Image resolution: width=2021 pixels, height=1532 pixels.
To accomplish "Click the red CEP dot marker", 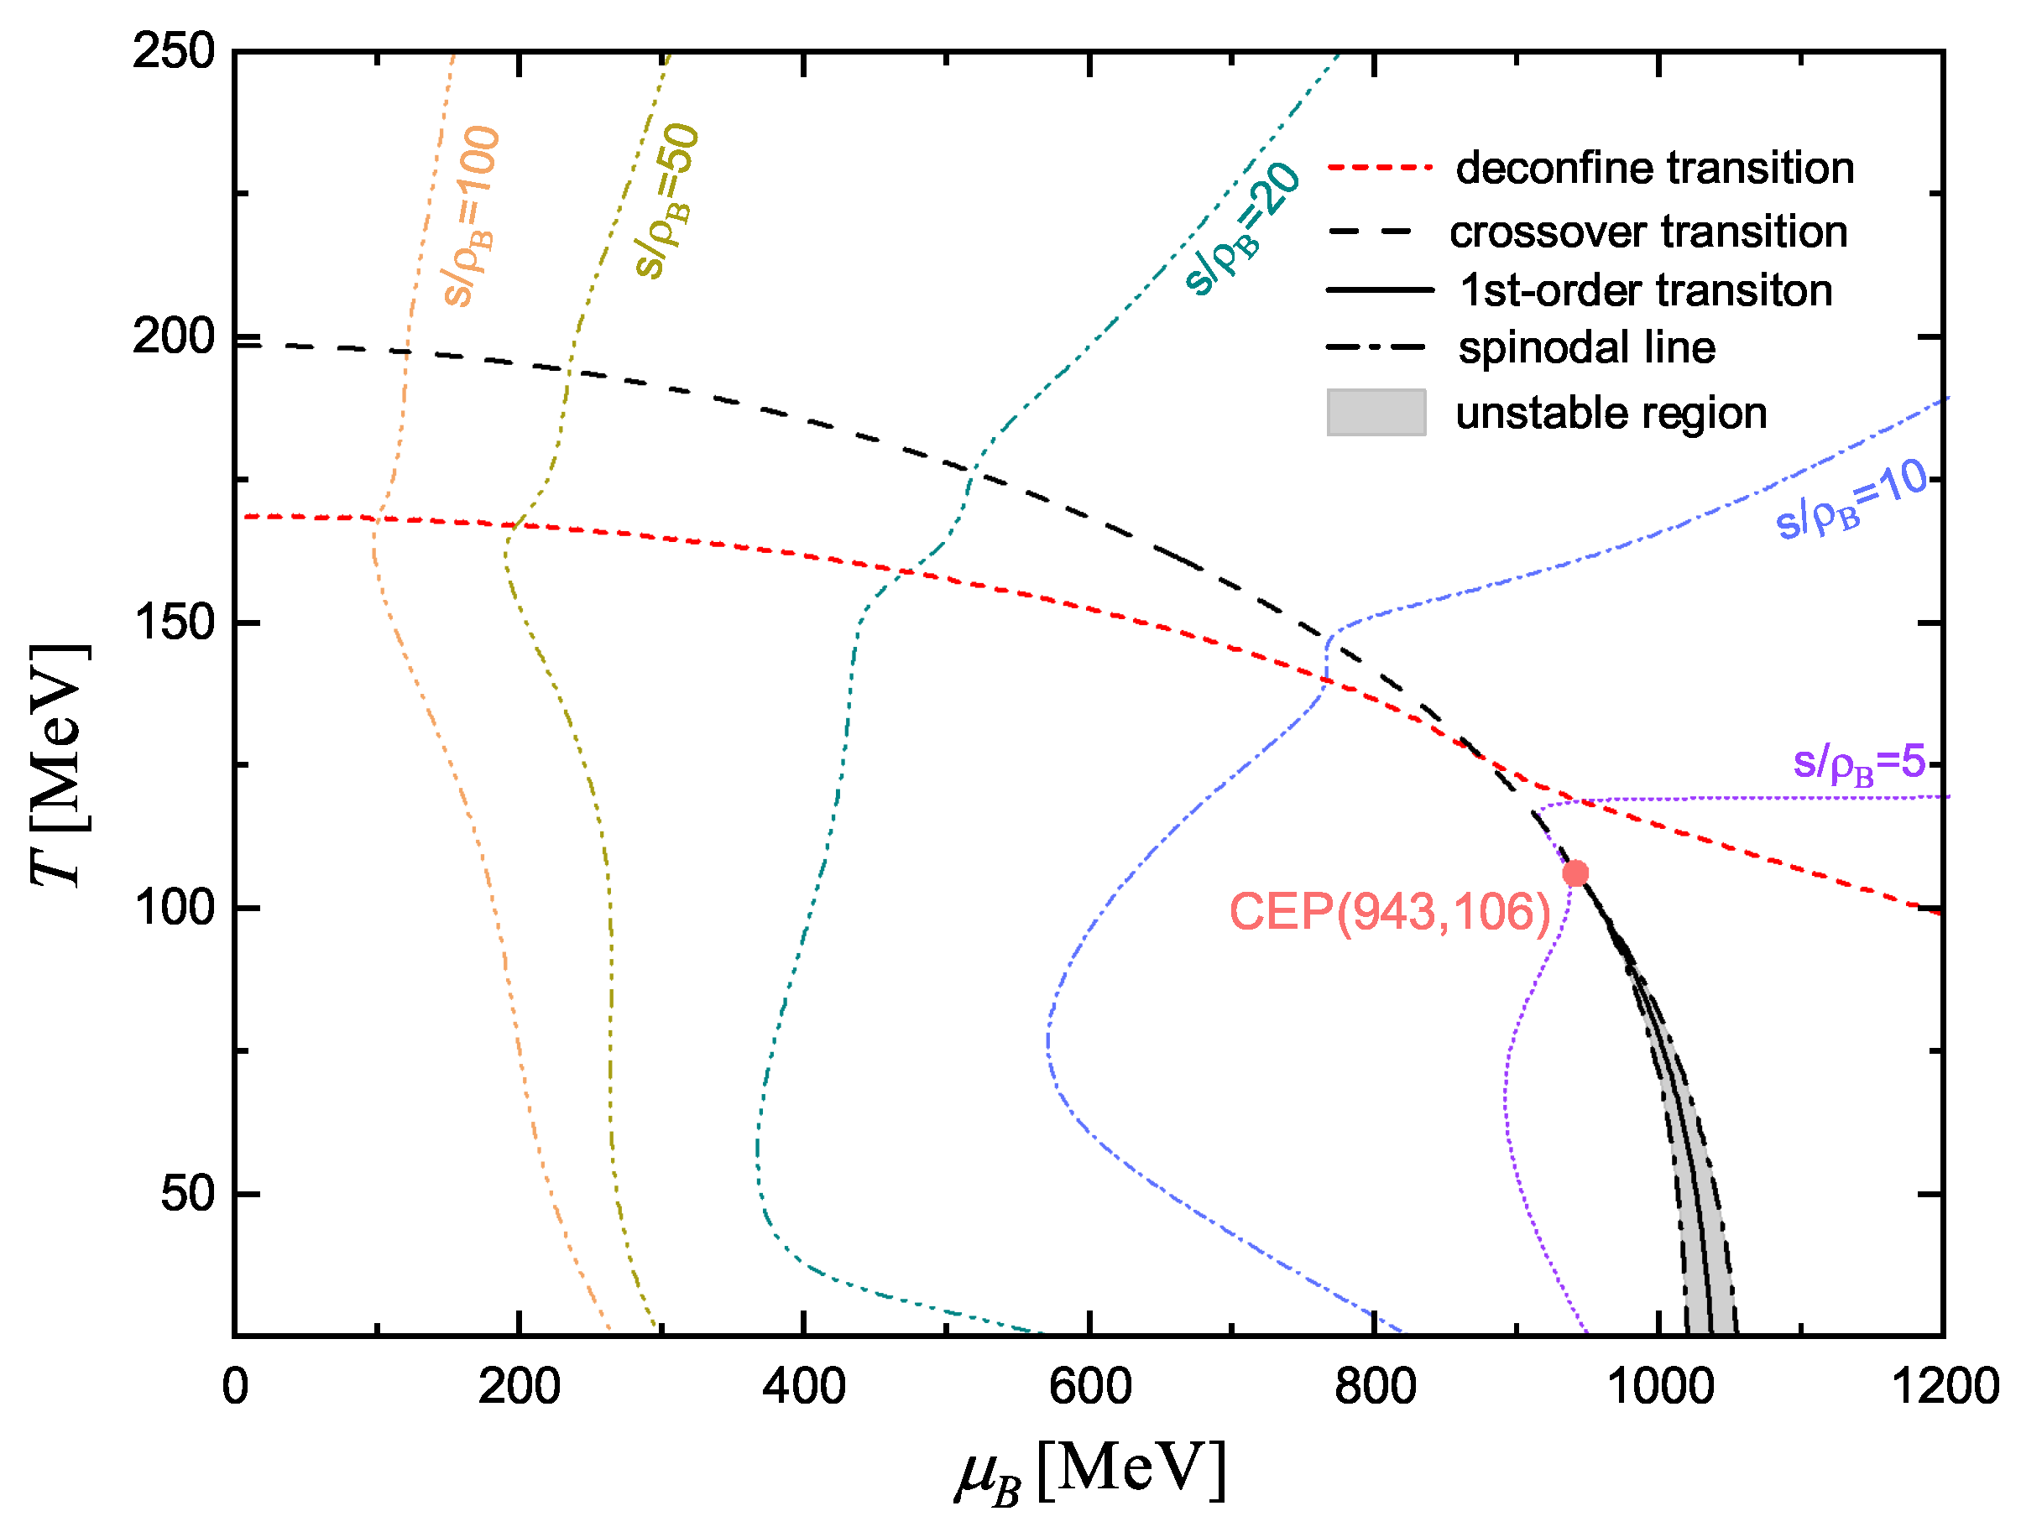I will (1575, 873).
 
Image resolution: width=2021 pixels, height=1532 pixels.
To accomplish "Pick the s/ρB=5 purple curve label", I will (1858, 763).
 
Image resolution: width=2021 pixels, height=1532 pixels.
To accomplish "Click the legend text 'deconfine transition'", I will (1654, 169).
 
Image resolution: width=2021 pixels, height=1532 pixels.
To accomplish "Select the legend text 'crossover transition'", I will (1648, 232).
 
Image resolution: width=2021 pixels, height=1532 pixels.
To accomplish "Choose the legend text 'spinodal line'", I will (1586, 348).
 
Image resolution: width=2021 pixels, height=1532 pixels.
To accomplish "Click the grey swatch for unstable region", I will (1376, 412).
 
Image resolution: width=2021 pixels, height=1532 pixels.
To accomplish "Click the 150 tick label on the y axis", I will (174, 623).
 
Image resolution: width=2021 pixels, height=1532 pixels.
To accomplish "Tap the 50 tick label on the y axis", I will (186, 1194).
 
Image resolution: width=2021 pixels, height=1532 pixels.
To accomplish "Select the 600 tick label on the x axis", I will (1089, 1387).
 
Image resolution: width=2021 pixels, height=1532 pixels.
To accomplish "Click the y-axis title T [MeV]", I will (60, 765).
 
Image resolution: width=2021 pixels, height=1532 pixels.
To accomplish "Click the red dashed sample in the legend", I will (1380, 168).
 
